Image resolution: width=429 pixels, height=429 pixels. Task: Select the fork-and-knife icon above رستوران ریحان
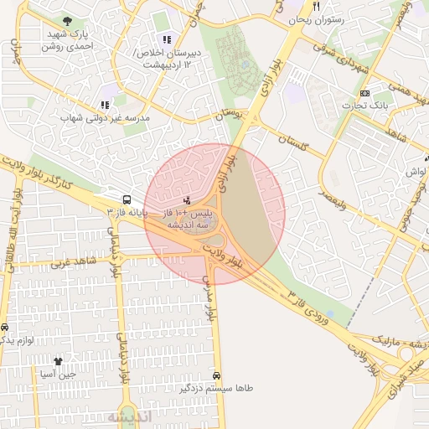tap(316, 7)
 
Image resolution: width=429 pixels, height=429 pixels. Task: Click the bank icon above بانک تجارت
tap(364, 93)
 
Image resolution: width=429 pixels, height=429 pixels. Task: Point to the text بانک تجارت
tap(365, 106)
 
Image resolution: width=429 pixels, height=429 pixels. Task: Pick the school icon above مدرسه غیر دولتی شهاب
tap(105, 106)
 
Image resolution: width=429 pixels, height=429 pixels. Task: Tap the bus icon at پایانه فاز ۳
tap(127, 200)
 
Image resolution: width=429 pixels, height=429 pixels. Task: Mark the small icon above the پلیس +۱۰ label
tap(186, 201)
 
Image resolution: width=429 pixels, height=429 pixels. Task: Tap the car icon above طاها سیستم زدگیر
tap(218, 375)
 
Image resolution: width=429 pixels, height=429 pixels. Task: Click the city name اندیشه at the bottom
tap(127, 416)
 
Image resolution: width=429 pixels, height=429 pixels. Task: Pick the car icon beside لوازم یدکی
tap(5, 328)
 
